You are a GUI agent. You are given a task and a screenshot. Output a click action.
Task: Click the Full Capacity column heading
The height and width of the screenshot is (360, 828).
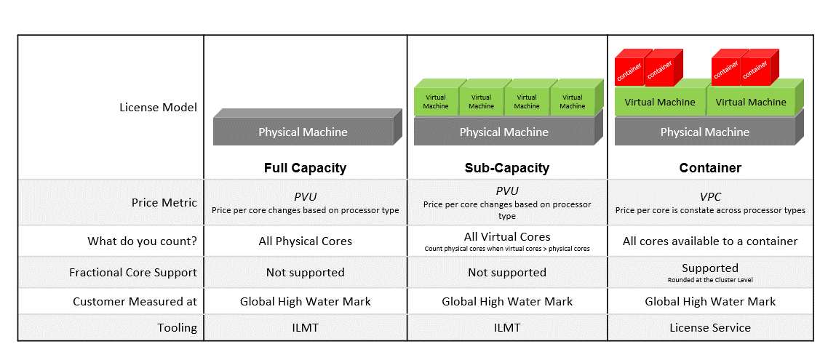[x=305, y=168]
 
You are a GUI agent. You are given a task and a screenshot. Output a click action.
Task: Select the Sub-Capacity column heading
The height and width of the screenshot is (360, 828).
[x=506, y=168]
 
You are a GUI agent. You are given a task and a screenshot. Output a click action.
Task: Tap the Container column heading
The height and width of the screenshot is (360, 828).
[x=710, y=168]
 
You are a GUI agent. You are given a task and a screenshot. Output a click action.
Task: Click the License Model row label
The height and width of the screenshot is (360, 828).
[x=158, y=108]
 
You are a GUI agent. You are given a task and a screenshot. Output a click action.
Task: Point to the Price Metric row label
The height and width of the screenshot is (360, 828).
[x=164, y=202]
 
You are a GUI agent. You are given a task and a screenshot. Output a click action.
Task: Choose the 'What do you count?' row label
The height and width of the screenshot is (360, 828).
[x=142, y=241]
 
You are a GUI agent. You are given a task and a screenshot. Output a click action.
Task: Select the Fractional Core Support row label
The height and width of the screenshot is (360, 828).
[x=133, y=273]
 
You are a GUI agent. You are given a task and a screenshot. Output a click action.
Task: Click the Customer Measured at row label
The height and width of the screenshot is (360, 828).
[x=135, y=301]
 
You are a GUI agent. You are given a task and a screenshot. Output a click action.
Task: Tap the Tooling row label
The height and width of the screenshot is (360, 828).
[x=177, y=327]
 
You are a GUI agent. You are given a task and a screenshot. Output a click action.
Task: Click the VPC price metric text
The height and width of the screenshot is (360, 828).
[x=710, y=196]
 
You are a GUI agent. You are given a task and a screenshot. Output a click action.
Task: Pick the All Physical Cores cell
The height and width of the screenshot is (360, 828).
[x=305, y=241]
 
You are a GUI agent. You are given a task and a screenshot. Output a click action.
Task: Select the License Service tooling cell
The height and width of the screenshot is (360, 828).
[x=710, y=327]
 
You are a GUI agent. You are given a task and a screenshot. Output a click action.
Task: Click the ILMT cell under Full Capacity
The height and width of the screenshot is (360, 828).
[x=305, y=327]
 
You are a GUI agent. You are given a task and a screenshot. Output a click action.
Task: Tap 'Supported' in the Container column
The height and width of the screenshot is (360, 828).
[x=710, y=268]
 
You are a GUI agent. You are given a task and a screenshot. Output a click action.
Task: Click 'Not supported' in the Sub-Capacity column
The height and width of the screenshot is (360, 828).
[x=506, y=273]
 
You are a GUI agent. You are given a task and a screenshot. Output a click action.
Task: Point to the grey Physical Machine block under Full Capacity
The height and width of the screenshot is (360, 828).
[x=303, y=132]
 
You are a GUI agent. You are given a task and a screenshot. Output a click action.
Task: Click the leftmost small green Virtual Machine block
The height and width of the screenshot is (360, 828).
[x=435, y=101]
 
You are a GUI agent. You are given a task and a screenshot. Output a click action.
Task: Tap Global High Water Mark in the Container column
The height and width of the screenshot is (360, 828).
[x=710, y=301]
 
